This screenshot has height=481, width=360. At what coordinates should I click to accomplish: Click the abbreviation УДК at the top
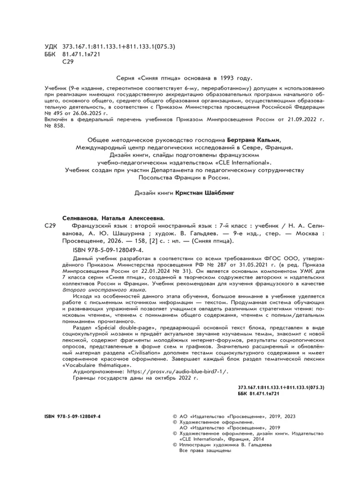[x=52, y=48]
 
